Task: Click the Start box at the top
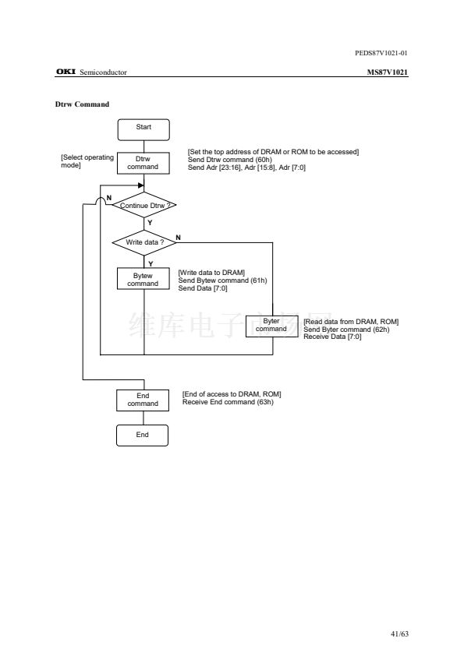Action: [x=143, y=129]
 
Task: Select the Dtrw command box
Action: [x=143, y=163]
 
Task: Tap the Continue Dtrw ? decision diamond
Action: [x=144, y=205]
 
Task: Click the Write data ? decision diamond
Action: [x=144, y=242]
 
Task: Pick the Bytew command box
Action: [x=143, y=279]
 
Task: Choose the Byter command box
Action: [x=272, y=326]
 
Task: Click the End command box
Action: [x=143, y=400]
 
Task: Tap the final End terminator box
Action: [x=143, y=436]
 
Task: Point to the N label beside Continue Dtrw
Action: [x=109, y=198]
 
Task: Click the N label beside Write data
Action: [x=178, y=238]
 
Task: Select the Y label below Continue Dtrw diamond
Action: [x=150, y=223]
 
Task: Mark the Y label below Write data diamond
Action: [x=151, y=263]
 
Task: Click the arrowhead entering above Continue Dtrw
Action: [x=141, y=185]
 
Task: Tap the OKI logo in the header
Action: [x=66, y=72]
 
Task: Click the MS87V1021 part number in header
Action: [x=388, y=72]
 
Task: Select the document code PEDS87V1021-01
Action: [x=381, y=53]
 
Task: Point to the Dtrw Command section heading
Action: [x=82, y=104]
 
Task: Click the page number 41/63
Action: [x=399, y=633]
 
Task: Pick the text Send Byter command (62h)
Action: [x=346, y=330]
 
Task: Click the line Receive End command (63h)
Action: [x=228, y=402]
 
